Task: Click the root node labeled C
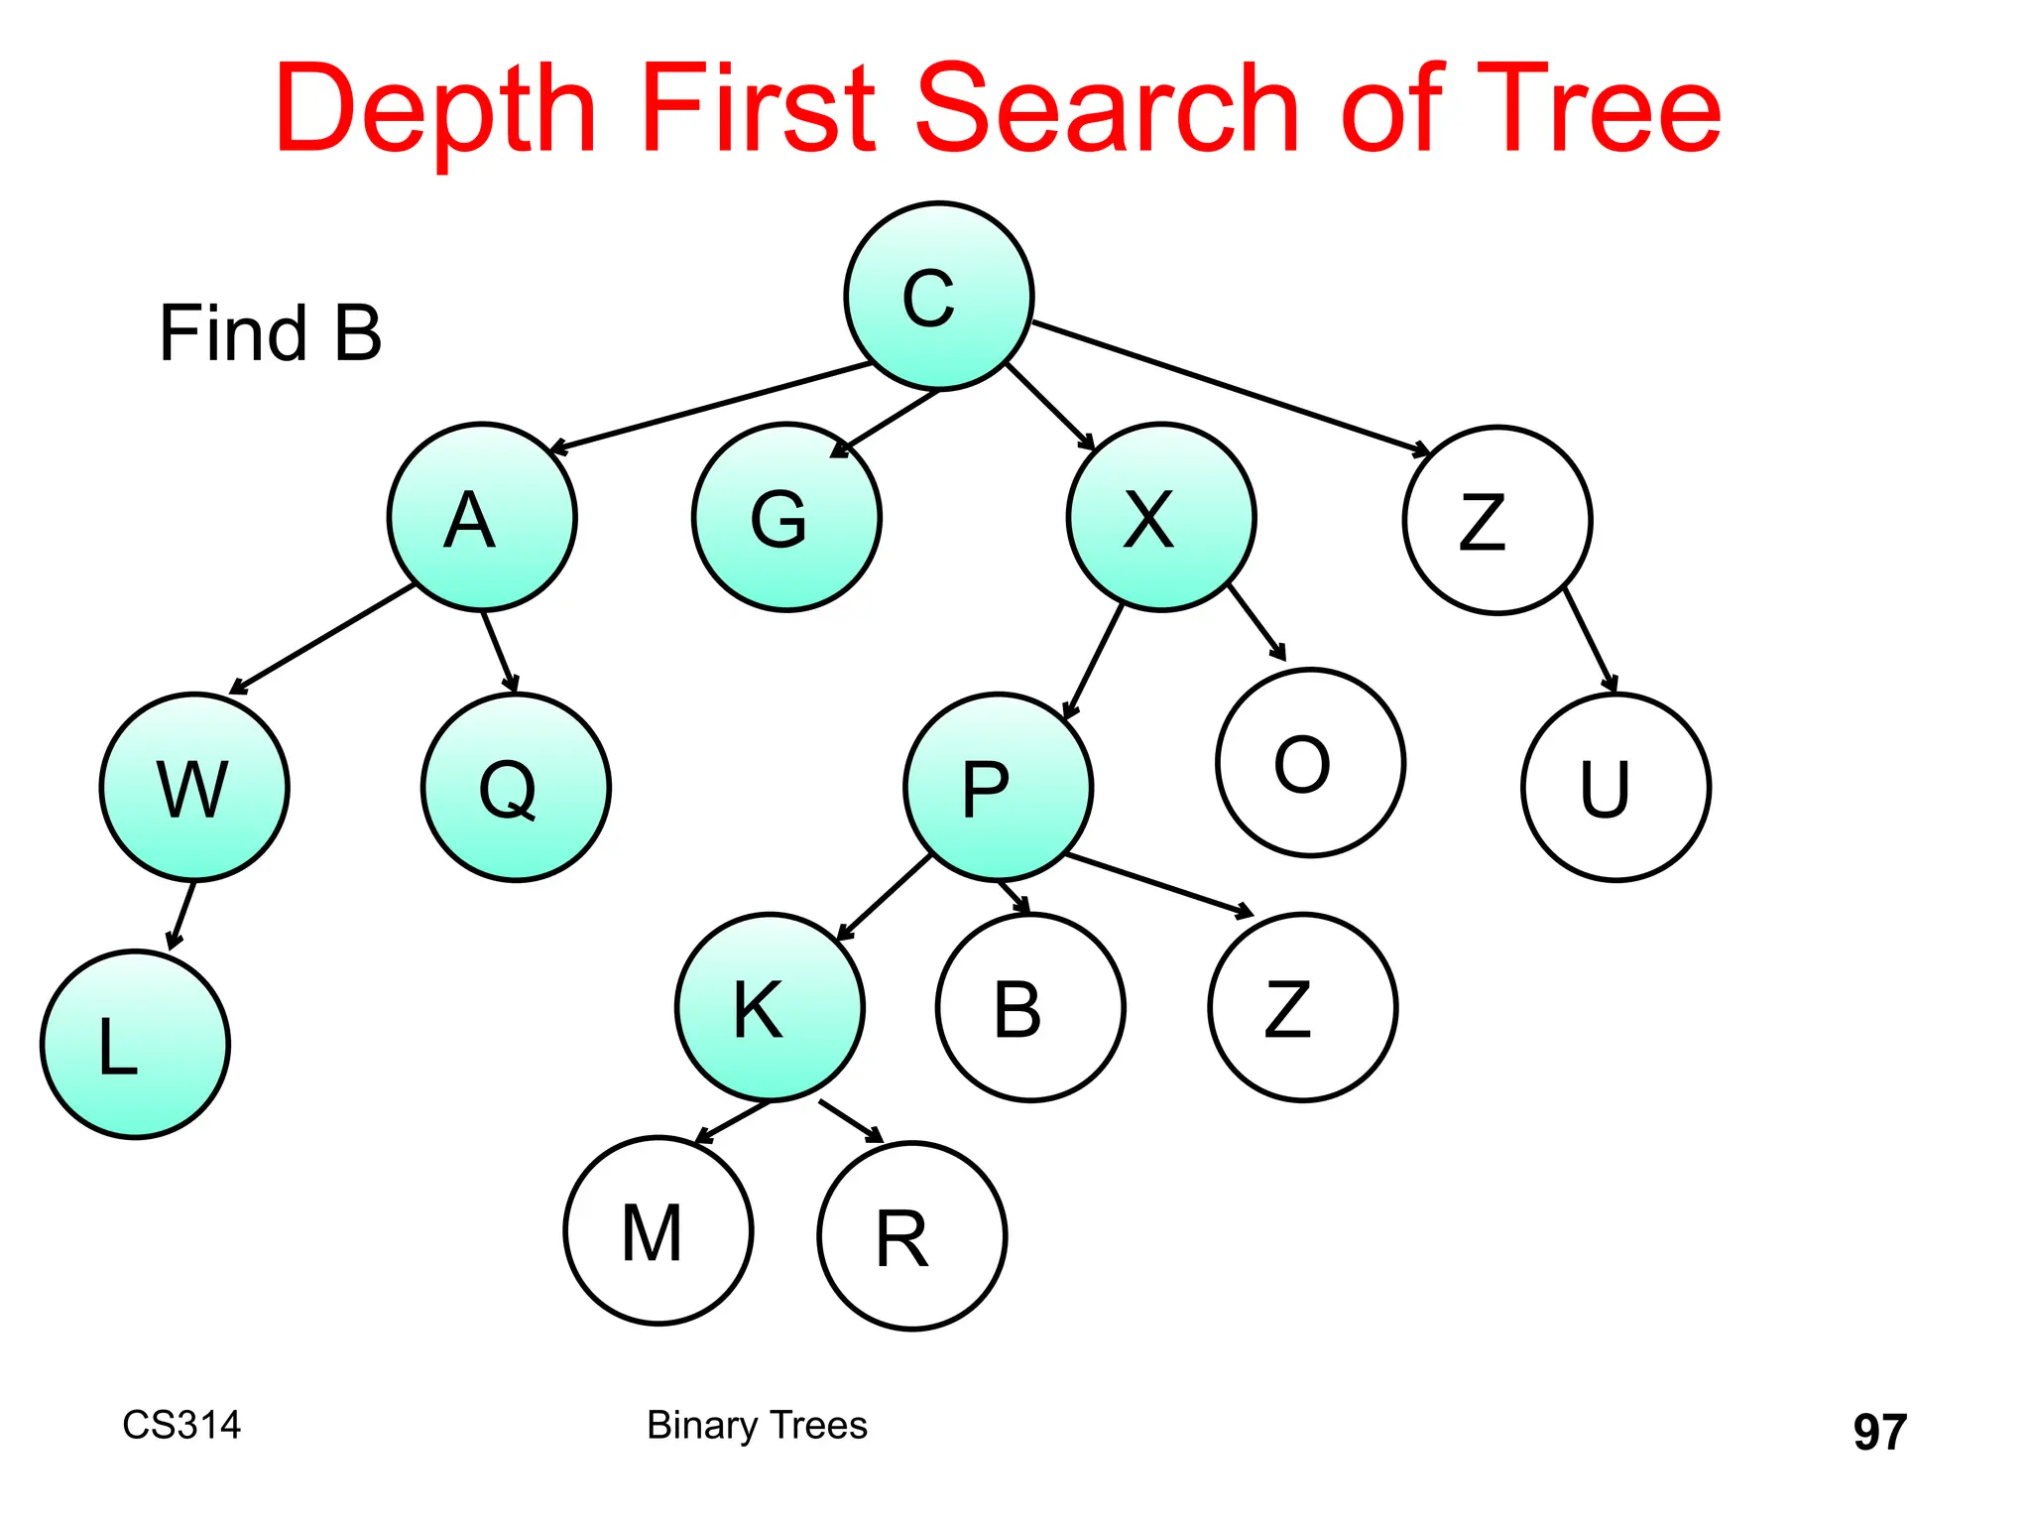938,296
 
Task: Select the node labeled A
482,517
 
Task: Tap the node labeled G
786,517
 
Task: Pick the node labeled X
1161,517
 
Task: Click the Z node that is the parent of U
1497,520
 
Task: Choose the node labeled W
194,787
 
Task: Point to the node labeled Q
516,787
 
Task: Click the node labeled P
998,787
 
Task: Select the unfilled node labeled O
1310,762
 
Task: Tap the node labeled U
1615,787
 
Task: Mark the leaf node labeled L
135,1044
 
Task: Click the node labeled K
770,1007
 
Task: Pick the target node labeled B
1030,1007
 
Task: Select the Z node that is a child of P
1302,1007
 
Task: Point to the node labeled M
658,1230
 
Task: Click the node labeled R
912,1236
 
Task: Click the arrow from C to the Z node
1230,387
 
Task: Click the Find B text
270,333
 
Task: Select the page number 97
1879,1432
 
